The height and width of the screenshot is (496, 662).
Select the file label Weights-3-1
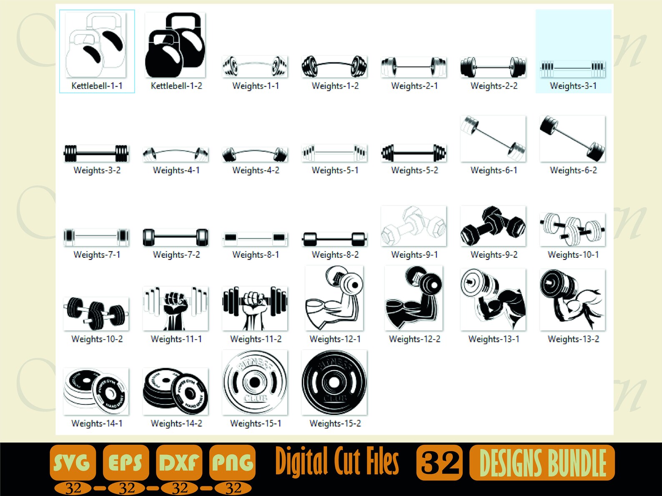click(x=573, y=86)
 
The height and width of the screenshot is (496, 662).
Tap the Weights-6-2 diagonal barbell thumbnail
click(x=572, y=139)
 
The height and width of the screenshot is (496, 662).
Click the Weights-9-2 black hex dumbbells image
click(x=493, y=226)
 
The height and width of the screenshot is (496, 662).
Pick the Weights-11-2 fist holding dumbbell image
click(x=255, y=308)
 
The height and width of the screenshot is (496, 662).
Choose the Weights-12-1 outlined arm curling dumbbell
click(x=334, y=298)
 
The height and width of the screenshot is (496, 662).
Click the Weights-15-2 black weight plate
click(x=334, y=382)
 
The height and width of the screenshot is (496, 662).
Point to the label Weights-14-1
click(x=97, y=424)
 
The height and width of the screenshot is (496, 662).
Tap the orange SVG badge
click(x=73, y=462)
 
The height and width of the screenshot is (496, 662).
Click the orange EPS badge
click(x=125, y=462)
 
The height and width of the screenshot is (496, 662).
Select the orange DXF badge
click(x=179, y=462)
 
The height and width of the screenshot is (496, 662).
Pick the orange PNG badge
click(x=232, y=462)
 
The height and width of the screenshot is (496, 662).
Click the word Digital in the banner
click(x=301, y=461)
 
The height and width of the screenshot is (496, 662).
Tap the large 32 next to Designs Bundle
click(x=439, y=462)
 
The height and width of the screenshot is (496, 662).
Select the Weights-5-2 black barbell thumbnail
click(x=414, y=153)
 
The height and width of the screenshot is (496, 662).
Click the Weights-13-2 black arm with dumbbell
click(x=572, y=300)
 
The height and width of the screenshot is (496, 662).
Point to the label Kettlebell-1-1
click(x=97, y=86)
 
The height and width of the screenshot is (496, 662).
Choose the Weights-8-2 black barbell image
click(x=334, y=239)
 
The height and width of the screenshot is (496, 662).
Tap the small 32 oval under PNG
click(x=233, y=488)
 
